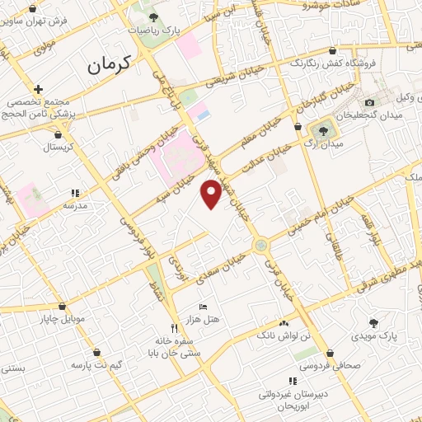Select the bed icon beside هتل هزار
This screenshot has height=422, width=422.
tap(204, 307)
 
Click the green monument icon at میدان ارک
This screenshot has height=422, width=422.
tap(321, 129)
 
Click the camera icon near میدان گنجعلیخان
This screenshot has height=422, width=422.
tap(368, 102)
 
